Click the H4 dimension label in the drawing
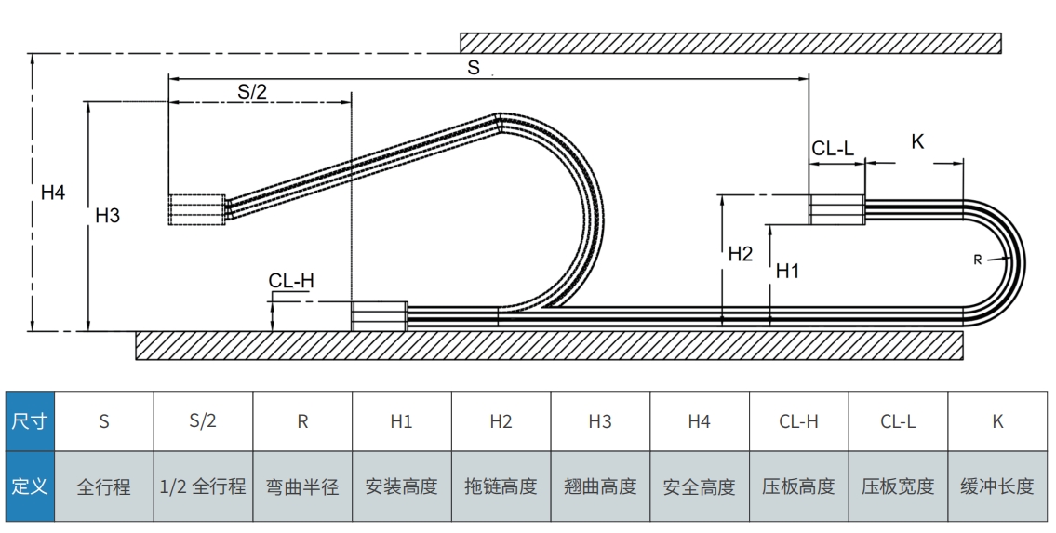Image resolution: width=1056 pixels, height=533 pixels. pos(53,193)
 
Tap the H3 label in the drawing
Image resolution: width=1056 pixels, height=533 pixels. pos(108,216)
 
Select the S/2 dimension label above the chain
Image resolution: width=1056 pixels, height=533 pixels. pos(252,90)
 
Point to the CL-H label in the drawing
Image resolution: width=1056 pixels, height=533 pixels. pos(291,281)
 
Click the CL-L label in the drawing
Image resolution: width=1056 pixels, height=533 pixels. pos(833,148)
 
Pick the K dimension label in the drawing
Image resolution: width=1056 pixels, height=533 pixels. pos(917,141)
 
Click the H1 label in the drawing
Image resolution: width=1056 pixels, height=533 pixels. pos(788,271)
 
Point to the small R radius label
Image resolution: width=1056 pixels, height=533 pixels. pos(978,260)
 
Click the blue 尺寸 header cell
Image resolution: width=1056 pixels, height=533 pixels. pos(29,421)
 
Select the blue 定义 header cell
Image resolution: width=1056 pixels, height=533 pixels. pos(29,486)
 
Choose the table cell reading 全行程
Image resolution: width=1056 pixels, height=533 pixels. pos(104,486)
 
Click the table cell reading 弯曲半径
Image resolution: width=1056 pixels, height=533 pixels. pos(302,486)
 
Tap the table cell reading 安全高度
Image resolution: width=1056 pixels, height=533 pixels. pos(699,486)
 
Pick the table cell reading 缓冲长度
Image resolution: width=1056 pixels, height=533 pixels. pos(997,486)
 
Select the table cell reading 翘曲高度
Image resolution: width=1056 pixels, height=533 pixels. pos(600,486)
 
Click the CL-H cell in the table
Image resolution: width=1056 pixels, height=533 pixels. pos(798,421)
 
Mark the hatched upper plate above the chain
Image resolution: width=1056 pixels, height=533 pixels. pos(730,43)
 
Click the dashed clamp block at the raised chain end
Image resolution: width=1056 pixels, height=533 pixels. pos(197,209)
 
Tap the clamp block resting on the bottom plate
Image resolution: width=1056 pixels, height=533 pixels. pos(379,315)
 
